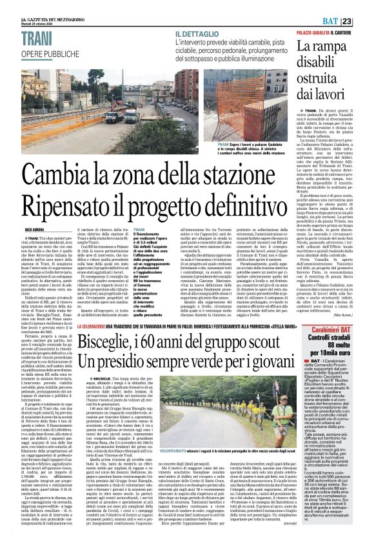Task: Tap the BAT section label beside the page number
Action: (x=346, y=6)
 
